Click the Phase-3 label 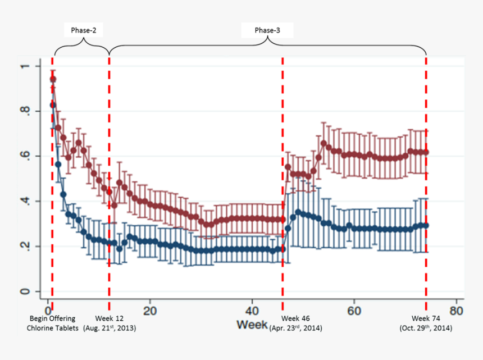(x=267, y=30)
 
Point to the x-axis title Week (x=252, y=325)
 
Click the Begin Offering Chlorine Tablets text (x=53, y=323)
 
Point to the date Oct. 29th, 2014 (x=426, y=327)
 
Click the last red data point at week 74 (x=426, y=152)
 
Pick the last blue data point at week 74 (x=426, y=225)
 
